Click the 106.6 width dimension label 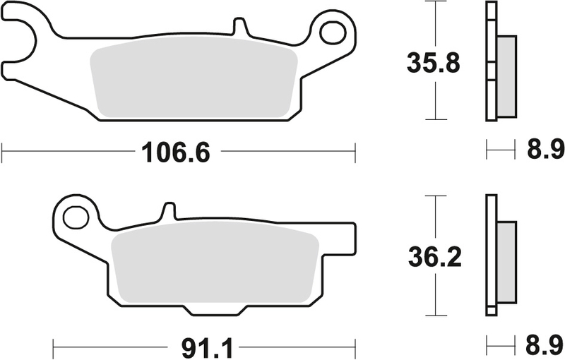177,151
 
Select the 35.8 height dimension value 433,63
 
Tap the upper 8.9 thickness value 545,150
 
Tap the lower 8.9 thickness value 545,347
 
